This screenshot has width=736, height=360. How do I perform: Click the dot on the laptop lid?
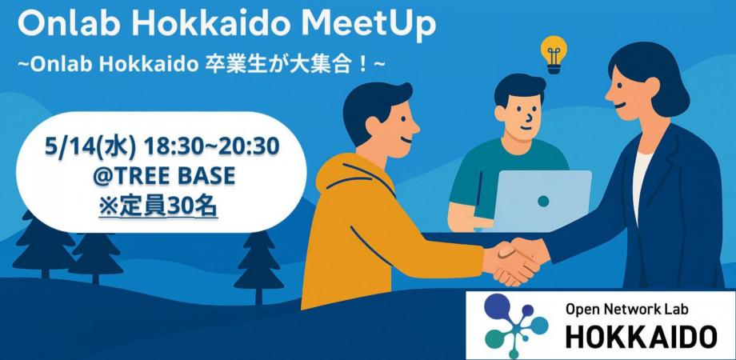(x=543, y=201)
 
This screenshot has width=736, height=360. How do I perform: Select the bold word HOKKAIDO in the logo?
(x=639, y=336)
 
